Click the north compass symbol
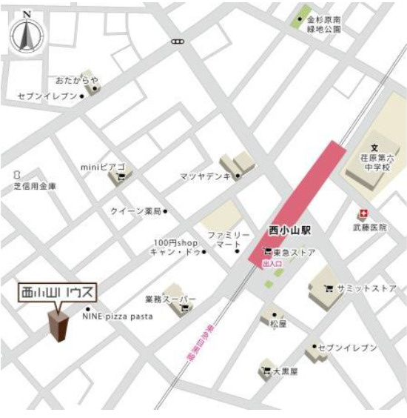click(27, 34)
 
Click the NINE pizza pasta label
click(118, 316)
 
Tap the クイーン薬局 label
click(135, 211)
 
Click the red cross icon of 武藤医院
click(363, 213)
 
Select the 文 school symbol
click(374, 148)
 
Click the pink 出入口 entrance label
click(273, 262)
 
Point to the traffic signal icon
click(177, 42)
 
